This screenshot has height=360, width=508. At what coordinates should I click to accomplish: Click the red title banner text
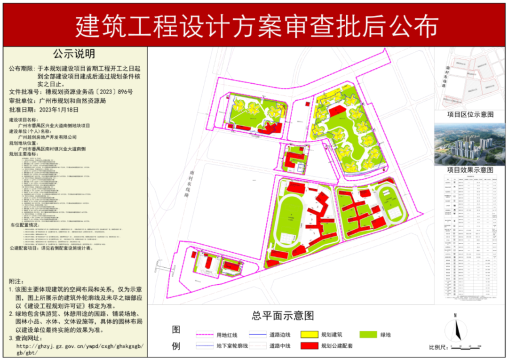tap(256, 25)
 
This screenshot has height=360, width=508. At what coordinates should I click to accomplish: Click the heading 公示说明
tap(74, 54)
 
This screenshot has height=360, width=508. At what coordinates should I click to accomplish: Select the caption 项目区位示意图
tap(470, 114)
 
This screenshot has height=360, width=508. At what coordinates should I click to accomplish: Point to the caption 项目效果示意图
tap(470, 169)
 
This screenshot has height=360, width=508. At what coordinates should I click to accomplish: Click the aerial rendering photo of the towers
tap(470, 144)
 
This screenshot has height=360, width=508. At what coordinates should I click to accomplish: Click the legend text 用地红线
tap(227, 335)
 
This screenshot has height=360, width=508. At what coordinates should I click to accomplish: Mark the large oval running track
tap(292, 219)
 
